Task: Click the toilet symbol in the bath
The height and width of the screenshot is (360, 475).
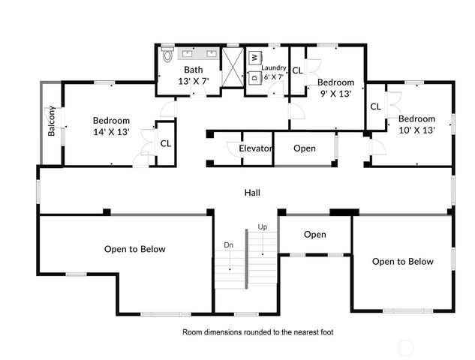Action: coord(167,55)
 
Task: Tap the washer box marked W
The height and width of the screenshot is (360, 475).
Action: coord(254,57)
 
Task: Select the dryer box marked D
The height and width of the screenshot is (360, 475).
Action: coord(254,76)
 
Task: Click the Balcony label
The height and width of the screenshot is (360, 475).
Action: coord(52,121)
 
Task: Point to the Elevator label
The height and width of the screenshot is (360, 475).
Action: coord(255,148)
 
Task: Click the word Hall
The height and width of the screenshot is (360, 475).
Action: coord(252,193)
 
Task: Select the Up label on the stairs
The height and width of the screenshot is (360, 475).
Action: coord(262,226)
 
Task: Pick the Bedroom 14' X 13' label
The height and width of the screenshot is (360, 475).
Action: coord(111,126)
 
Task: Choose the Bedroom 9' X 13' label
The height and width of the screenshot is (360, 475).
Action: coord(335,88)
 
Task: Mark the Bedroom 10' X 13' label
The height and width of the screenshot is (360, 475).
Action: coord(416,124)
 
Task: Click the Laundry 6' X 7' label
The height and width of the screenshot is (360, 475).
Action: coord(274,71)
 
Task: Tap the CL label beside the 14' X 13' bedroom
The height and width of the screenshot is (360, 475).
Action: coord(165,142)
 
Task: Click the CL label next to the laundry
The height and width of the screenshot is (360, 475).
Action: coord(297,70)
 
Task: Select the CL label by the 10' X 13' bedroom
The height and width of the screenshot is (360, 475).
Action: coord(375,106)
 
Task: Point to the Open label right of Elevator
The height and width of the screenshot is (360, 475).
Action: coord(304,148)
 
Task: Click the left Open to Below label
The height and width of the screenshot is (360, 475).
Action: coord(134,249)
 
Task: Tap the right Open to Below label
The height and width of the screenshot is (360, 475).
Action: coord(403,262)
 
